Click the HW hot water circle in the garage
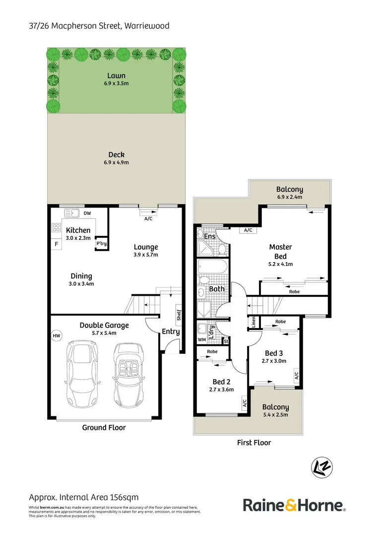56,336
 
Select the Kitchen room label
78,230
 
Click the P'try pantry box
101,244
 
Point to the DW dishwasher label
87,214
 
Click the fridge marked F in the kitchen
56,244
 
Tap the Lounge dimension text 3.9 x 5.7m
146,255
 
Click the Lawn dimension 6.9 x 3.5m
116,83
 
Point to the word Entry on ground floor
171,332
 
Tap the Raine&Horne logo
294,506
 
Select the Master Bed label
280,251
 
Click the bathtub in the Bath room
212,268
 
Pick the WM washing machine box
201,340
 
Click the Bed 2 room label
222,382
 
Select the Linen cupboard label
253,322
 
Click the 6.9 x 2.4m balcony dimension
290,197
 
